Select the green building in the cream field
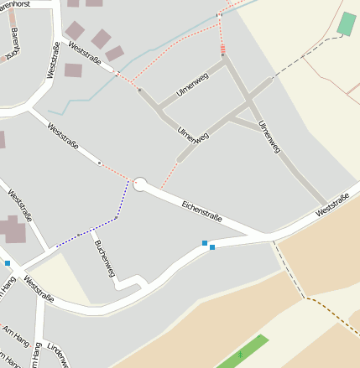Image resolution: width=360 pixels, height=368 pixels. tap(346, 23)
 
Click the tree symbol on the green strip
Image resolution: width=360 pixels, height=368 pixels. tap(241, 355)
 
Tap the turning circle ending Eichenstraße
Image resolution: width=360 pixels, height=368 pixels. tap(140, 184)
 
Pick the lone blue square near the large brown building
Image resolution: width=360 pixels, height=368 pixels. tap(8, 263)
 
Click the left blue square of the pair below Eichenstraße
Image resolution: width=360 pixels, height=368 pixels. tap(204, 243)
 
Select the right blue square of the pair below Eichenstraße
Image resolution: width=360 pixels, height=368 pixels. tap(212, 247)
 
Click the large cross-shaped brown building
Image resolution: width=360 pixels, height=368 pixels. tap(12, 229)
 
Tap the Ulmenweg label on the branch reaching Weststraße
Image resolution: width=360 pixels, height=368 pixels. tap(269, 137)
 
